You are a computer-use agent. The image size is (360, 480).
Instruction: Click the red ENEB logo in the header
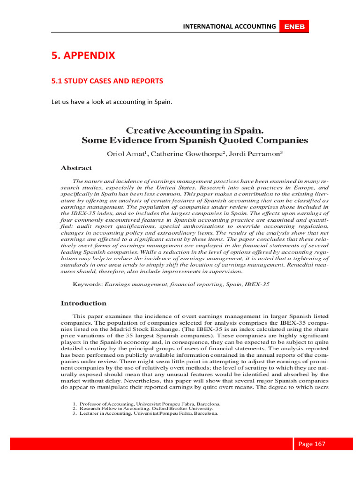294,27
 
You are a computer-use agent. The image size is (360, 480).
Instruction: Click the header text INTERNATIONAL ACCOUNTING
229,27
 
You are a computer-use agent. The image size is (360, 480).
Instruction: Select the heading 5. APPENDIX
83,56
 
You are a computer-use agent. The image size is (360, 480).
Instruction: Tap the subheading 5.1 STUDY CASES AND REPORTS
107,81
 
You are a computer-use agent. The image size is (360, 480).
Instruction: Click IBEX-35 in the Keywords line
256,284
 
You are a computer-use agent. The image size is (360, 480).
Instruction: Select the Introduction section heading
84,303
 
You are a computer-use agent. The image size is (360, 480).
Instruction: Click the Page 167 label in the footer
312,444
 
